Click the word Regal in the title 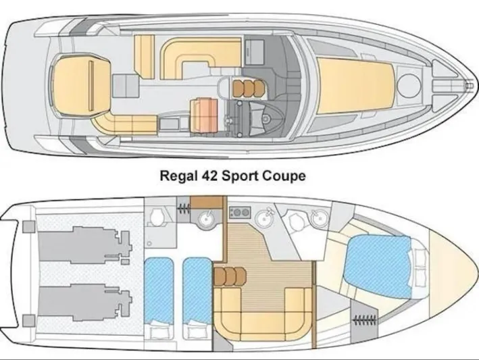[177, 176]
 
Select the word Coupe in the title [283, 176]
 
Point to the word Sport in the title [242, 176]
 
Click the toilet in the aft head [157, 217]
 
